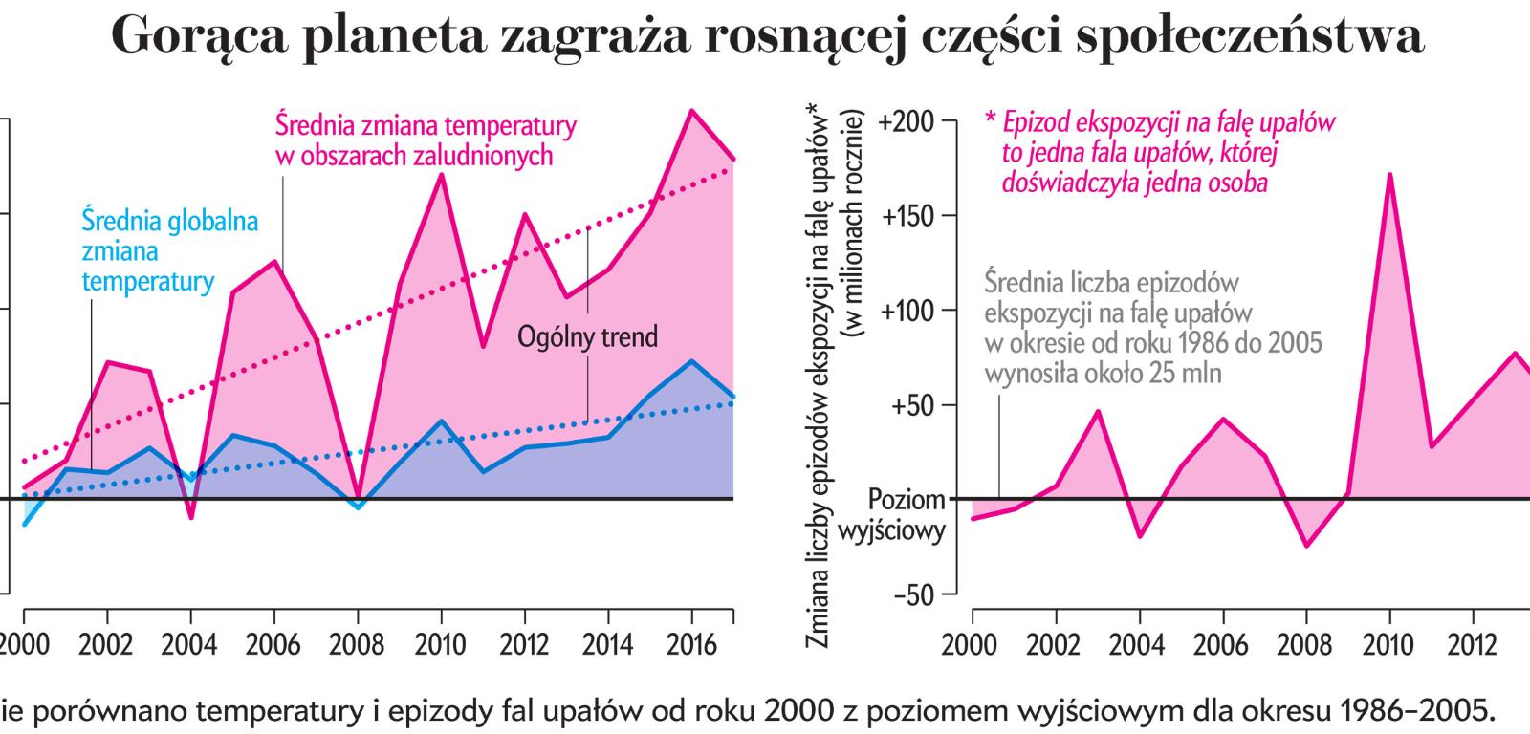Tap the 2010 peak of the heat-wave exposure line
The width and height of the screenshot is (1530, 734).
pyautogui.click(x=1388, y=175)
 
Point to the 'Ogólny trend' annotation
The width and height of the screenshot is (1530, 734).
pyautogui.click(x=588, y=336)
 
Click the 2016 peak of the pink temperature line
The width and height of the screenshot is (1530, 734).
pyautogui.click(x=691, y=111)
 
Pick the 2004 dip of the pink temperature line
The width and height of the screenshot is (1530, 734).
pyautogui.click(x=191, y=517)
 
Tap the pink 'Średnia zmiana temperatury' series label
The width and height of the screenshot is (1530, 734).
pyautogui.click(x=426, y=140)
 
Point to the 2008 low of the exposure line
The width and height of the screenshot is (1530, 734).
pyautogui.click(x=1306, y=546)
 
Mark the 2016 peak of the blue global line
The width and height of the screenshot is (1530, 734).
pyautogui.click(x=691, y=361)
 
